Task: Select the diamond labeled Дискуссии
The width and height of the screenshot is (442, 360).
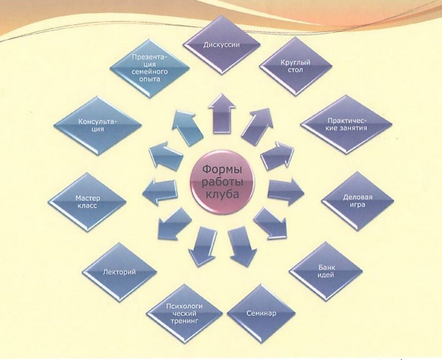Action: [x=221, y=45]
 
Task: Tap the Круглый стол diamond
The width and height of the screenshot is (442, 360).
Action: [x=295, y=66]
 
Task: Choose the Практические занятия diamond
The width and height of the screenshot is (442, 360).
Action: [x=347, y=124]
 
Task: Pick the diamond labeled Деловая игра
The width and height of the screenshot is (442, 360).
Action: [x=357, y=201]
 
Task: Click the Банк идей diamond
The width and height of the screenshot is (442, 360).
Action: [x=326, y=271]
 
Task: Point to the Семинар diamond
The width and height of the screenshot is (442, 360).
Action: [x=261, y=314]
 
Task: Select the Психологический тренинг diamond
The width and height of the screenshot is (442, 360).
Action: [x=184, y=314]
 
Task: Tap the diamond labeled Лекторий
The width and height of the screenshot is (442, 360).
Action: [x=120, y=272]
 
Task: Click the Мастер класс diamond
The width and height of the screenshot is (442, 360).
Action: [x=87, y=202]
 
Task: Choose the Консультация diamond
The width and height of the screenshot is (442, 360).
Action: [x=97, y=125]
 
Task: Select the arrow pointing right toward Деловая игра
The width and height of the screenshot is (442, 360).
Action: [x=285, y=191]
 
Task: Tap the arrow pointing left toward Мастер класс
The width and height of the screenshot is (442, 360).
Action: [x=160, y=191]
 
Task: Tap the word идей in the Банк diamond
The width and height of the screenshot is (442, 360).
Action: [x=326, y=275]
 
